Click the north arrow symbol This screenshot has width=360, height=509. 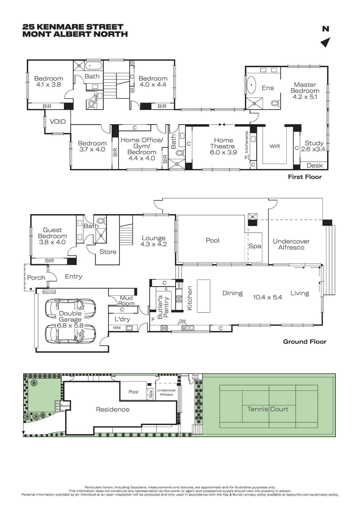pyautogui.click(x=326, y=42)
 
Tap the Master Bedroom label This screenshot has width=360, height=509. pyautogui.click(x=305, y=88)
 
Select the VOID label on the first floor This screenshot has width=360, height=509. pyautogui.click(x=58, y=122)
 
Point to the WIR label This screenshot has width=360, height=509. pyautogui.click(x=275, y=146)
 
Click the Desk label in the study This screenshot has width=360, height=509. pyautogui.click(x=315, y=165)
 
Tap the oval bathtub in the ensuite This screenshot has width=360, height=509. pyautogui.click(x=252, y=85)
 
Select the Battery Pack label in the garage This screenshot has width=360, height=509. pyautogui.click(x=49, y=292)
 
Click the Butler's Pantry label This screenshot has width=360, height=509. pyautogui.click(x=163, y=307)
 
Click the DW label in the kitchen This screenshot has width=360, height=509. pyautogui.click(x=182, y=321)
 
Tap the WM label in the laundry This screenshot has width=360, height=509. pyautogui.click(x=117, y=328)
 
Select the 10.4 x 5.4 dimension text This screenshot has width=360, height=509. pyautogui.click(x=268, y=297)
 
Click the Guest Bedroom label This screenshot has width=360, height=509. pyautogui.click(x=52, y=233)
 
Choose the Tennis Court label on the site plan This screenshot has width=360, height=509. pyautogui.click(x=268, y=409)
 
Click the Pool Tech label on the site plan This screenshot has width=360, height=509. pyautogui.click(x=195, y=377)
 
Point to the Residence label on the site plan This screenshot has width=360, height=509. pyautogui.click(x=113, y=409)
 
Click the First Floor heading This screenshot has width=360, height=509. pyautogui.click(x=305, y=177)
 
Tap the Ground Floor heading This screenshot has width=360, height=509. pyautogui.click(x=305, y=342)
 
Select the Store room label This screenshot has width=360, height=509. pyautogui.click(x=108, y=252)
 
